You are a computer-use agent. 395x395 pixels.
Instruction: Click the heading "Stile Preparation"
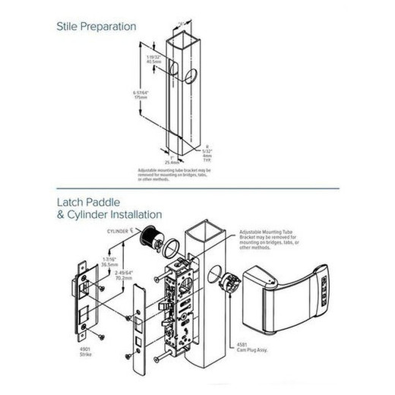pos(97,27)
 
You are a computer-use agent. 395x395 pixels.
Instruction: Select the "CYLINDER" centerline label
pos(120,229)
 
